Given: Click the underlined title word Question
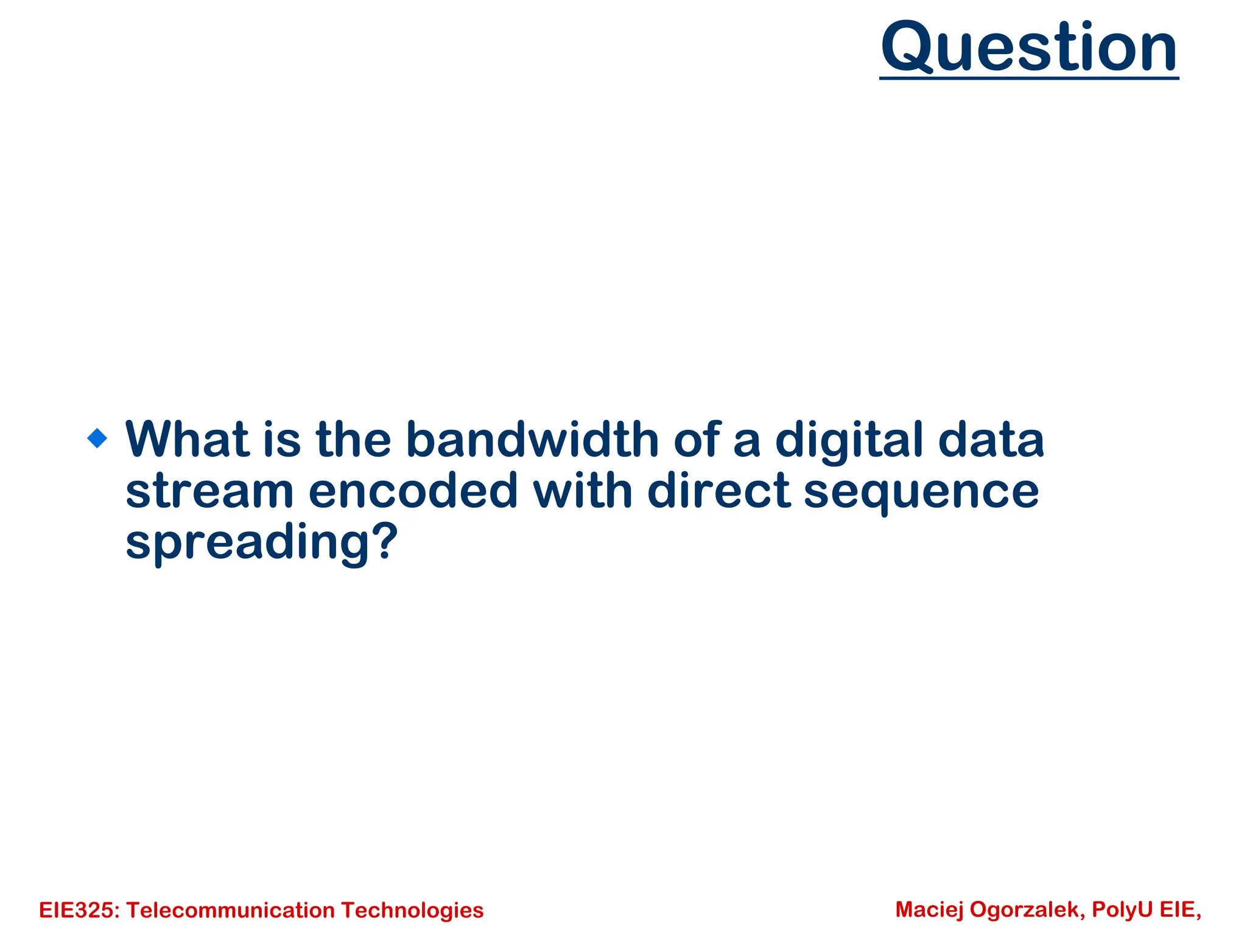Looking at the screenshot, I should [1029, 47].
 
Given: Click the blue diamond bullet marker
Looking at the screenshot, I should [97, 438].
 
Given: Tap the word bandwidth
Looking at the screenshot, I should [532, 439].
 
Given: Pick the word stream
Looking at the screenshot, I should [209, 491].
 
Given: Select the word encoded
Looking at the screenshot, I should [413, 491].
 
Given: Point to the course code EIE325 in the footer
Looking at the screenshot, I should [79, 911].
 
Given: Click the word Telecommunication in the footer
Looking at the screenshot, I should [231, 911].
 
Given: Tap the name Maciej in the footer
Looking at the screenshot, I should [929, 909].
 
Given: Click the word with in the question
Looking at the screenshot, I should [583, 491].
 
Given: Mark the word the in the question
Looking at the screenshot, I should [353, 439].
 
